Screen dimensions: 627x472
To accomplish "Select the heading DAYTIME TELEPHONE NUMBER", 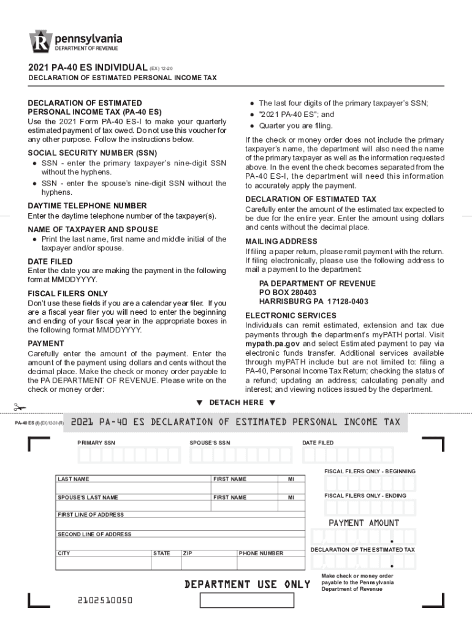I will (x=87, y=206).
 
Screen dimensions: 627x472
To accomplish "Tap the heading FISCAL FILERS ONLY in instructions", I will (x=67, y=294).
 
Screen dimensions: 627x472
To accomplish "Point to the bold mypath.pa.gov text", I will (x=273, y=344).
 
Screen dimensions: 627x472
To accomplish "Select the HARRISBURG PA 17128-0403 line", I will (x=313, y=301).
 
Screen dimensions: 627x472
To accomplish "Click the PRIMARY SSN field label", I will (x=96, y=443).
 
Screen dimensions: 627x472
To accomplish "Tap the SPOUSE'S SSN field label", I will (x=210, y=443).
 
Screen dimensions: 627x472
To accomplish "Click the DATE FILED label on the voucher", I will (x=318, y=443).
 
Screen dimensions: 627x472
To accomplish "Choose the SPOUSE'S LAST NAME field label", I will (x=88, y=498).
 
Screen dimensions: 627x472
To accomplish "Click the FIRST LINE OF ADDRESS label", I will (x=91, y=515).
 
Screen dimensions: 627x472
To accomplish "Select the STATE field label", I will (x=162, y=554).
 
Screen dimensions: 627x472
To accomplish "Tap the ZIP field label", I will (x=188, y=554).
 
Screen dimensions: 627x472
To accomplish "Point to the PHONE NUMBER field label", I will (x=261, y=554).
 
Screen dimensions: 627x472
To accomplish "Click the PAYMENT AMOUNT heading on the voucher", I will (x=364, y=523).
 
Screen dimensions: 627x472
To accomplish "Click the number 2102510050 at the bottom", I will (x=105, y=601).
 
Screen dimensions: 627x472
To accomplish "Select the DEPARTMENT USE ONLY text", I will (x=247, y=584).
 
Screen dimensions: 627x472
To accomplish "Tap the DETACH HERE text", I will (x=235, y=402).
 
